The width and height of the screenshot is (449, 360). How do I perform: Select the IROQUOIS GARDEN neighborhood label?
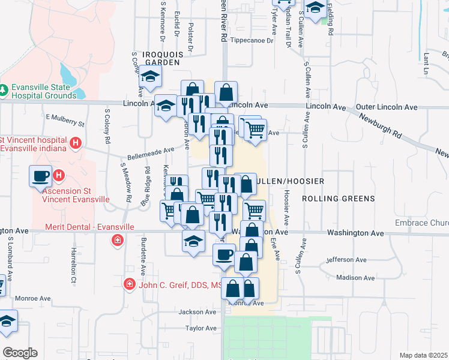(155, 58)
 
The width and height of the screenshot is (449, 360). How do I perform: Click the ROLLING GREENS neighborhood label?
(338, 198)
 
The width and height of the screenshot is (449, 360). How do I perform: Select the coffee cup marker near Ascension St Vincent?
(41, 175)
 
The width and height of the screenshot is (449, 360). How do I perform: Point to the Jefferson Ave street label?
(346, 260)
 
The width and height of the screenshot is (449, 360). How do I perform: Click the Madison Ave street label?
(356, 277)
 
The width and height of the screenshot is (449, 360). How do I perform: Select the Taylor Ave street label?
(200, 328)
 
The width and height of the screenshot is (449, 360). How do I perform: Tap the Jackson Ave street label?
(197, 312)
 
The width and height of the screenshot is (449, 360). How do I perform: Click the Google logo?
(20, 353)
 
